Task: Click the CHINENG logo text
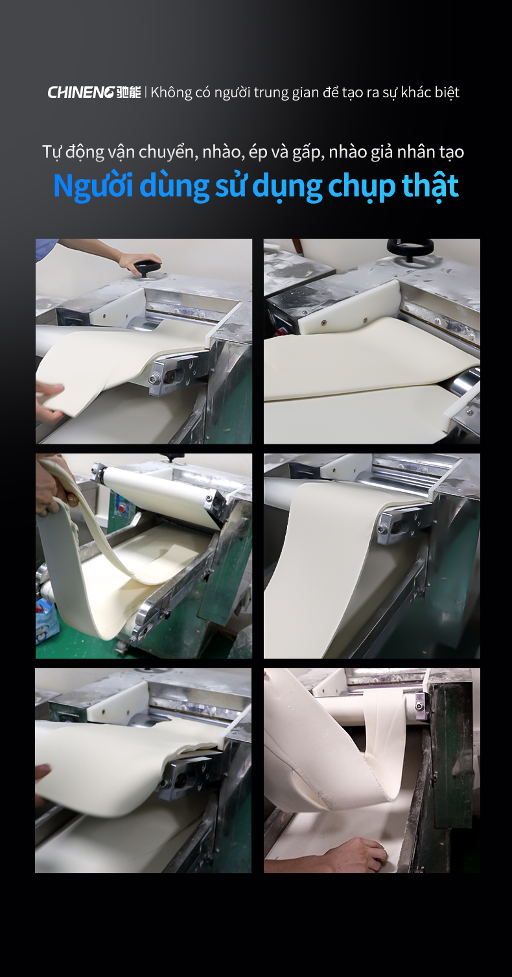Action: point(81,93)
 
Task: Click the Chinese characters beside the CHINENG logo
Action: point(128,93)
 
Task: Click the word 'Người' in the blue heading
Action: point(93,186)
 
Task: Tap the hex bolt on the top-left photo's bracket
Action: point(154,379)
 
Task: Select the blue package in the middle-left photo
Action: point(46,621)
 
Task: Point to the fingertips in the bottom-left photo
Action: point(42,773)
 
